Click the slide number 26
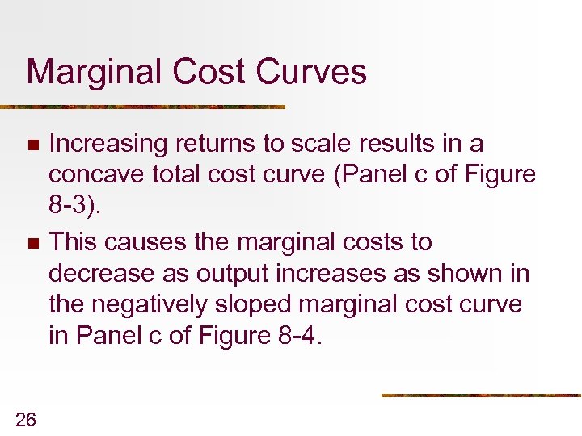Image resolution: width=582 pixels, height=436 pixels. [x=26, y=418]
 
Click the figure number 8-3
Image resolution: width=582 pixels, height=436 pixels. [x=73, y=205]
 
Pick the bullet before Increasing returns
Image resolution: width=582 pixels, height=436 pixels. [x=32, y=145]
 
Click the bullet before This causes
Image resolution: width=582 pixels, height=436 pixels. [x=32, y=243]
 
